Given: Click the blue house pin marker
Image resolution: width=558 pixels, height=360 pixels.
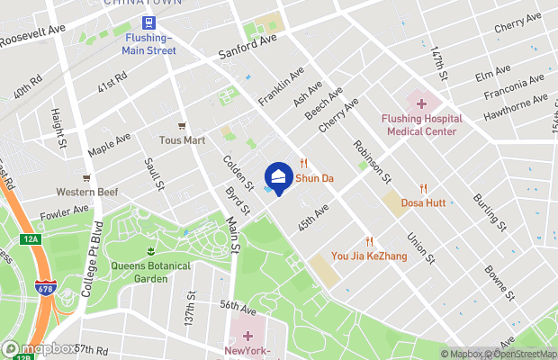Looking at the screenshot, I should pyautogui.click(x=278, y=177).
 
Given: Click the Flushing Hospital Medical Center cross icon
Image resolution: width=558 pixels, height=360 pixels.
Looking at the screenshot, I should pyautogui.click(x=421, y=104).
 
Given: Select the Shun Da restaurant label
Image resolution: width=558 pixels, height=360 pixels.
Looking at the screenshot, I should pyautogui.click(x=315, y=178).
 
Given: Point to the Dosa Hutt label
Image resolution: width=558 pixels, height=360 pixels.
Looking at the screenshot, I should pyautogui.click(x=423, y=202).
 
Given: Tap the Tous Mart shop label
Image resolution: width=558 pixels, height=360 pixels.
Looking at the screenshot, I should pyautogui.click(x=183, y=139).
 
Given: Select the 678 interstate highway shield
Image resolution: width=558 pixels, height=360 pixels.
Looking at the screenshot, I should pyautogui.click(x=46, y=262).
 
